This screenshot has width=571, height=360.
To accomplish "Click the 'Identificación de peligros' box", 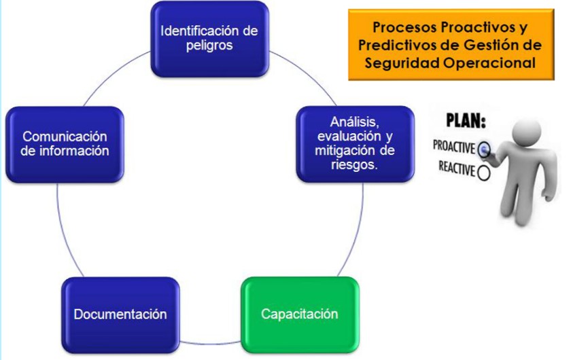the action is click(210, 39).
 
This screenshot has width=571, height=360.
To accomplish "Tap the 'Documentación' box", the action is click(120, 315).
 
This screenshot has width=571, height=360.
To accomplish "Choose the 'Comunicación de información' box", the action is click(65, 145).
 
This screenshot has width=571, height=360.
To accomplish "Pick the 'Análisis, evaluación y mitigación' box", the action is click(356, 144).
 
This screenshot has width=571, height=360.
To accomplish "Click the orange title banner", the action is click(451, 45).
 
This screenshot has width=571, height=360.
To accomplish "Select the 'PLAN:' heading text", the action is click(466, 121).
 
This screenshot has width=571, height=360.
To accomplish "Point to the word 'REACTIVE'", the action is click(457, 168).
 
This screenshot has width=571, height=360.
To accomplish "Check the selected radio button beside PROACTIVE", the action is click(484, 149).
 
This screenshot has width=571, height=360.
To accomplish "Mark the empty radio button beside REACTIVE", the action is click(483, 173).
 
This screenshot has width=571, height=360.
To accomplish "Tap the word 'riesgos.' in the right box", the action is click(354, 165).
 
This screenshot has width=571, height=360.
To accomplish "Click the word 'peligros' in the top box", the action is click(209, 46).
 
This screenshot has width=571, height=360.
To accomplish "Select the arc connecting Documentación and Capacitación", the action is click(210, 343).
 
